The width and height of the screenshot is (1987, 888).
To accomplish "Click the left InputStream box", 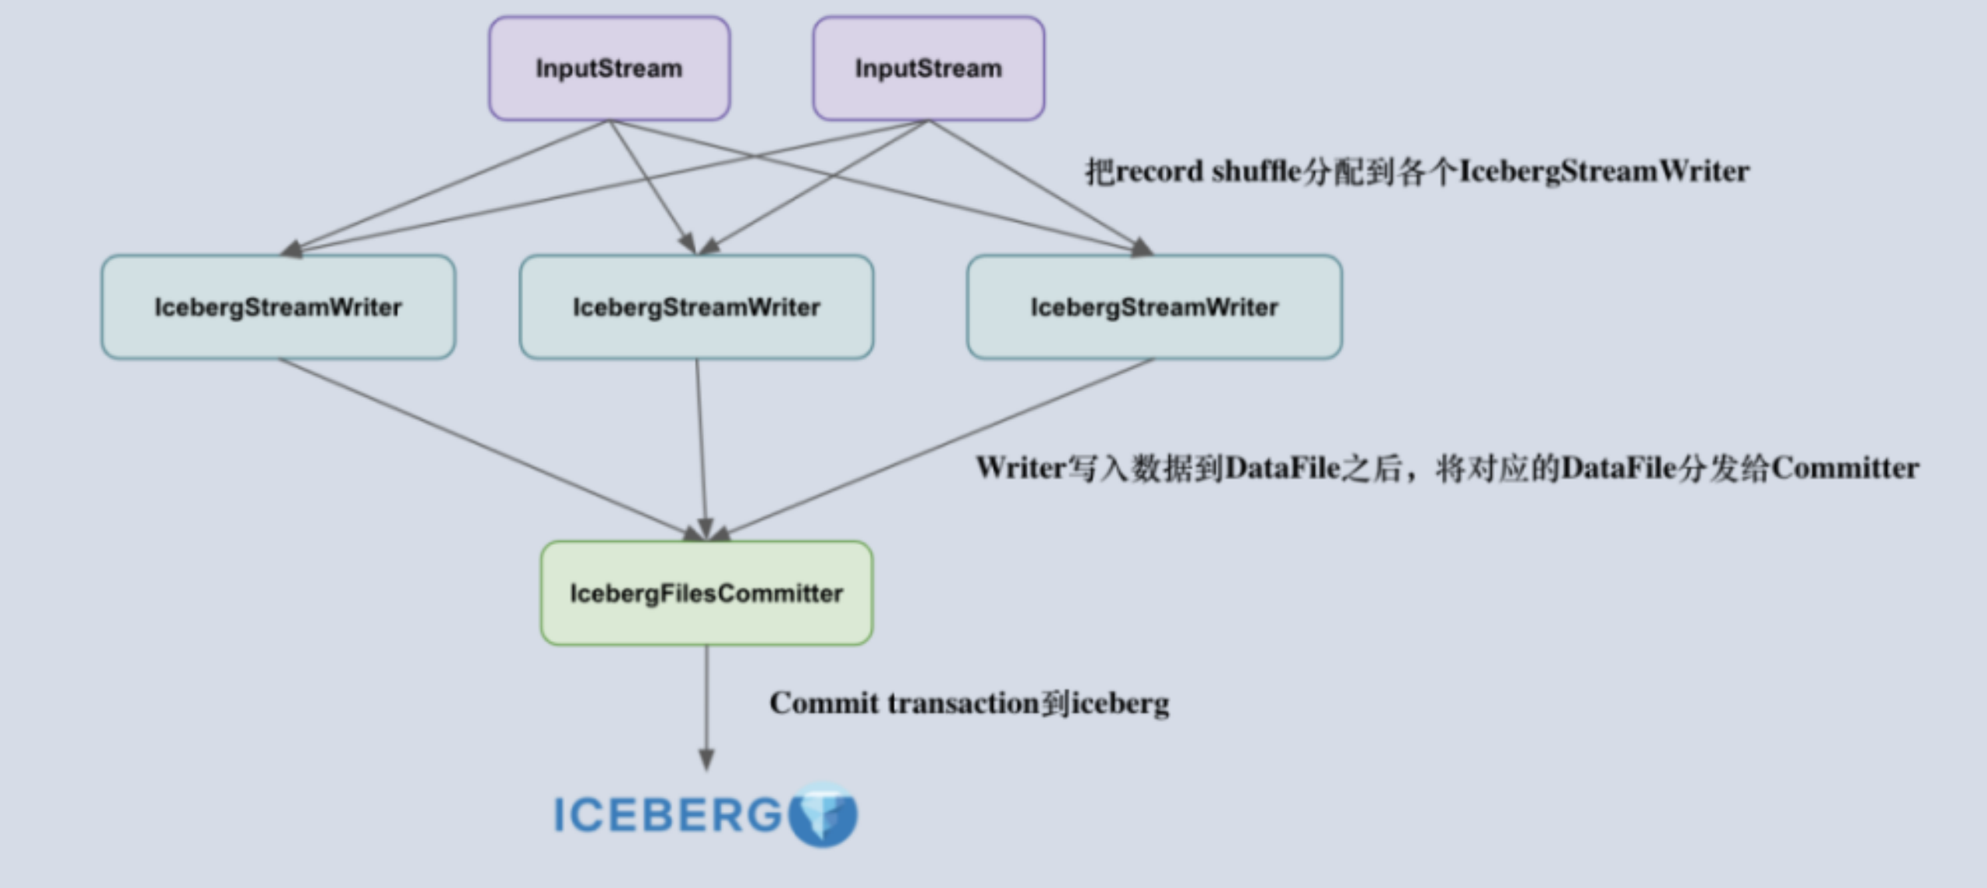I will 609,68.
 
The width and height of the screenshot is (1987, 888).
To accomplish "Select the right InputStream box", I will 928,68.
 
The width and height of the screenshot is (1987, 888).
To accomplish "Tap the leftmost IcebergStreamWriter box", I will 278,307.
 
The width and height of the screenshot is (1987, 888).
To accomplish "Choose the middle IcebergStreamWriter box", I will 696,307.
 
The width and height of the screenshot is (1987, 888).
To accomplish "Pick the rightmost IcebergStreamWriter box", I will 1154,307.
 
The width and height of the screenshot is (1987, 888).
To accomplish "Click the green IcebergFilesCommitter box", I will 706,593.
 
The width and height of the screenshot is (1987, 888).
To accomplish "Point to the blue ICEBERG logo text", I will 668,815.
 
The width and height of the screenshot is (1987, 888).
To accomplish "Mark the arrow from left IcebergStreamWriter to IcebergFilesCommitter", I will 489,449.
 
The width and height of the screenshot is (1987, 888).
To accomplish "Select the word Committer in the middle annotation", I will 1845,468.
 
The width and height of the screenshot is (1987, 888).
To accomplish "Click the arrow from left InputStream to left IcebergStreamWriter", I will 446,186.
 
